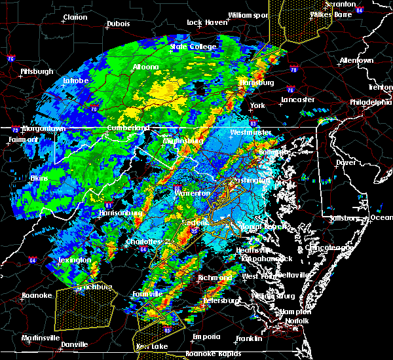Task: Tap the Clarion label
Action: (x=75, y=17)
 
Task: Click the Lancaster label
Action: (x=298, y=100)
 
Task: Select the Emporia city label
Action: (x=206, y=336)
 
